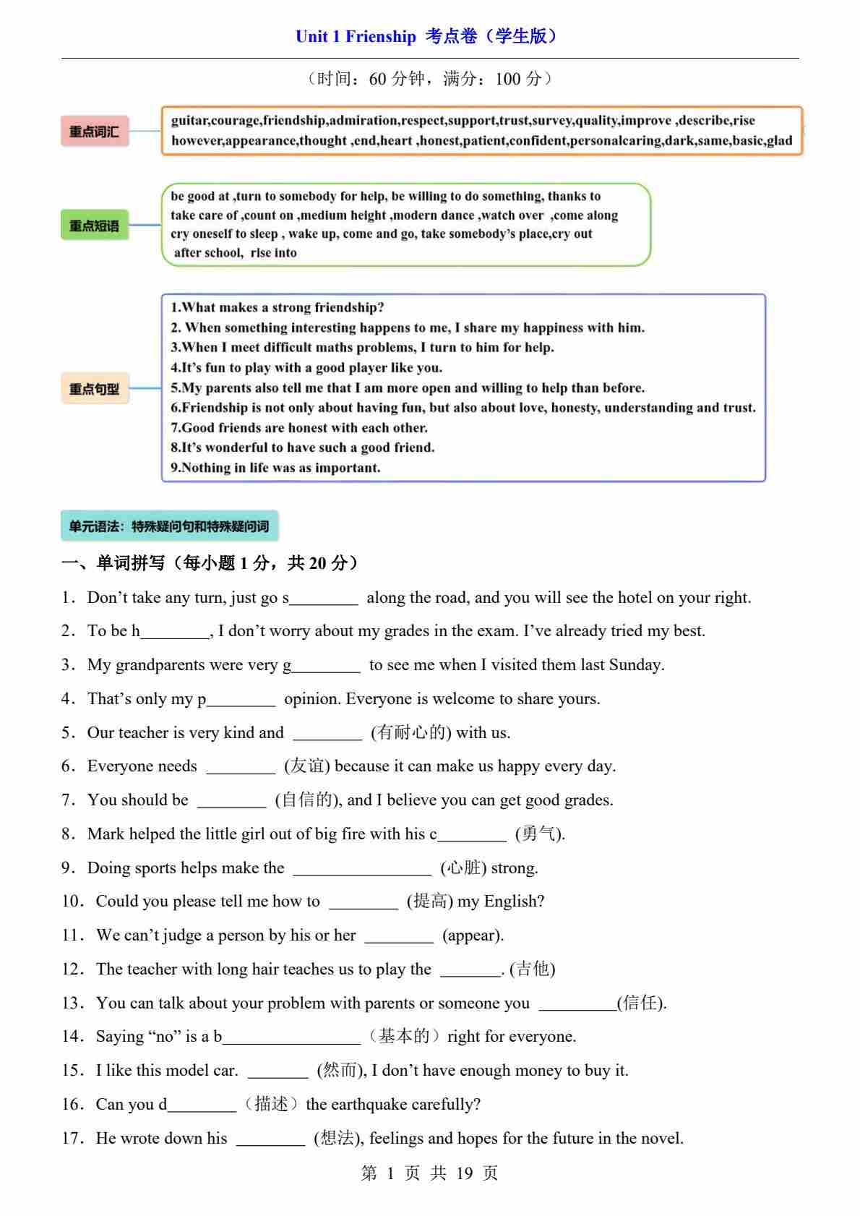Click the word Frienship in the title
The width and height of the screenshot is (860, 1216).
pyautogui.click(x=380, y=36)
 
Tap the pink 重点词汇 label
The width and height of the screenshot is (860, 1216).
pyautogui.click(x=94, y=132)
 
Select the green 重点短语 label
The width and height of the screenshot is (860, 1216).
pyautogui.click(x=94, y=226)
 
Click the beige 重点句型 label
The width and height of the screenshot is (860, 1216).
pyautogui.click(x=94, y=389)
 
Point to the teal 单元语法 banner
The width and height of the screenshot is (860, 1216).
pyautogui.click(x=169, y=526)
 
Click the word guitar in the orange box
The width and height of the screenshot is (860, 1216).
pyautogui.click(x=189, y=121)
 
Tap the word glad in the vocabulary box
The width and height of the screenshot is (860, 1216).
pyautogui.click(x=779, y=140)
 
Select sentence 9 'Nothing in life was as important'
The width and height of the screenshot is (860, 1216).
pyautogui.click(x=275, y=468)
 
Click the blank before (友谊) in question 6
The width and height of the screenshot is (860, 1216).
pyautogui.click(x=241, y=767)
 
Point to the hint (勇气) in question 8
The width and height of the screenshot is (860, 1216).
pyautogui.click(x=539, y=834)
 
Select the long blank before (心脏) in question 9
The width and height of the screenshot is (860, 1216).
pyautogui.click(x=362, y=869)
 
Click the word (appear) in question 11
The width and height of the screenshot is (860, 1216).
pyautogui.click(x=473, y=935)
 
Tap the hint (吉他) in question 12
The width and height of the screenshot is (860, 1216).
pyautogui.click(x=533, y=969)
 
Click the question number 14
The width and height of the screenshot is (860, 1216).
pyautogui.click(x=72, y=1037)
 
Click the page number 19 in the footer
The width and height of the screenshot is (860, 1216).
pyautogui.click(x=464, y=1173)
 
